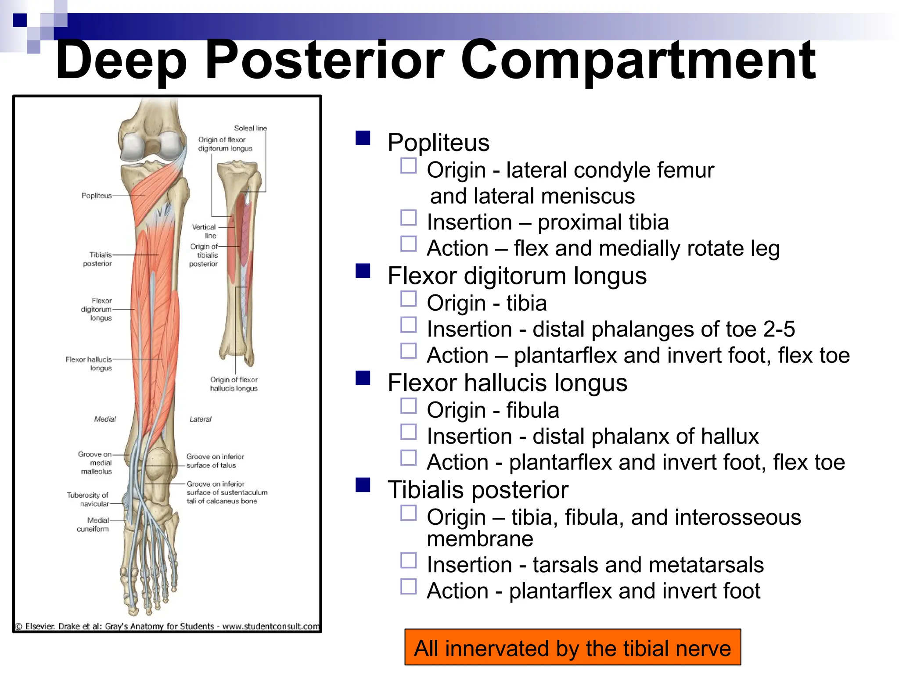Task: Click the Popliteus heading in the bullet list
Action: (x=438, y=143)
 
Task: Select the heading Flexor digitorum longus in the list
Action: (x=517, y=276)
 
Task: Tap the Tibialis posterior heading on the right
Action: (x=478, y=490)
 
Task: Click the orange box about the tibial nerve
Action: (x=572, y=648)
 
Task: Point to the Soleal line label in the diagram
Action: (x=250, y=128)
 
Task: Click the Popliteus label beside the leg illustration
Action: (x=97, y=196)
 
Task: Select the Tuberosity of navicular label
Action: (x=88, y=499)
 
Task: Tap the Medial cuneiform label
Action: (x=93, y=524)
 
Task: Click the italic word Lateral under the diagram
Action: (x=200, y=419)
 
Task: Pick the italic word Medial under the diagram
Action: (x=105, y=419)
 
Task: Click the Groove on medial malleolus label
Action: (x=95, y=462)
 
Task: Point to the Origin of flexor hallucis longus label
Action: (x=234, y=384)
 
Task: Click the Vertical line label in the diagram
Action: (x=205, y=231)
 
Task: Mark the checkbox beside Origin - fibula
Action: (x=408, y=406)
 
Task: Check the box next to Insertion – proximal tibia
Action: (x=408, y=218)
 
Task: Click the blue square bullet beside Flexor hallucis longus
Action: (x=363, y=378)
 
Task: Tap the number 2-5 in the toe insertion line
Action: (x=779, y=329)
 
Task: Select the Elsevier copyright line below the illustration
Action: (x=167, y=626)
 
